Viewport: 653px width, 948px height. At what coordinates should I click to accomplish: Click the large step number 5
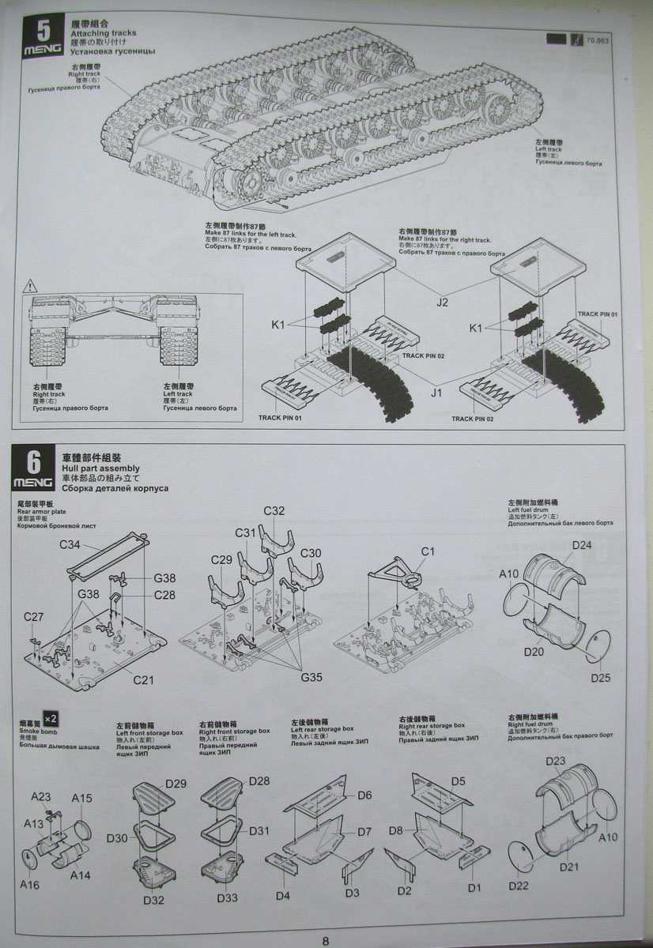point(43,31)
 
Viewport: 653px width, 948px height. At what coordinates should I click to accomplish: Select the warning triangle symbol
point(30,284)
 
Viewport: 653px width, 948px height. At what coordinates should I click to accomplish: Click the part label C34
point(70,544)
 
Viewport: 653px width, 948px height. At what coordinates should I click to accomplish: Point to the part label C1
point(428,551)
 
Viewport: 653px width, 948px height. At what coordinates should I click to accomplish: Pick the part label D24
point(582,545)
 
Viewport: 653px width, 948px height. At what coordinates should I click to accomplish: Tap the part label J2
point(442,301)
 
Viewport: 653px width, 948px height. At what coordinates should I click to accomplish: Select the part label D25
point(600,678)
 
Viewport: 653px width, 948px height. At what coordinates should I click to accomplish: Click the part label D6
point(364,795)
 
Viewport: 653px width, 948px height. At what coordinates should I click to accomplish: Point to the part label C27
point(33,616)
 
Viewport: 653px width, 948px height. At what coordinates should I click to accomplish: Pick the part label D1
point(474,887)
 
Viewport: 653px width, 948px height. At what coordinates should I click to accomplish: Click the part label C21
point(143,679)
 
